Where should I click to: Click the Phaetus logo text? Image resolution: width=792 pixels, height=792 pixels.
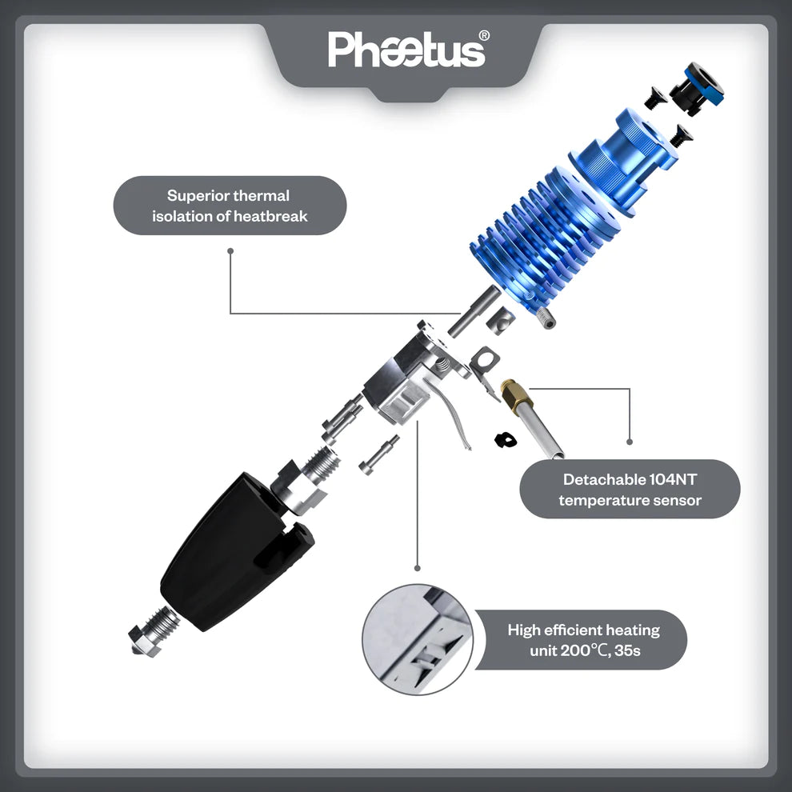coord(406,50)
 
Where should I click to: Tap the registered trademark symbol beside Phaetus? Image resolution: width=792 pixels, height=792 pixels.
coord(484,36)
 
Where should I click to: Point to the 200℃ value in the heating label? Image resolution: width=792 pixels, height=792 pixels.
coord(583,650)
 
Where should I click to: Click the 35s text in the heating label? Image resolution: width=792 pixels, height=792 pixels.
coord(626,650)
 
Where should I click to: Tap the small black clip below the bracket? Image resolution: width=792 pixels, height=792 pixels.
coord(504,438)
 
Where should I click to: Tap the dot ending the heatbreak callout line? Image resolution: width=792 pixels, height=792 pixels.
coord(230,250)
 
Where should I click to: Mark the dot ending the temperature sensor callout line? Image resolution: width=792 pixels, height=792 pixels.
coord(630,441)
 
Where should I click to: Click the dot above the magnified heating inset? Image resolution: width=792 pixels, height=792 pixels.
coord(417,568)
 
